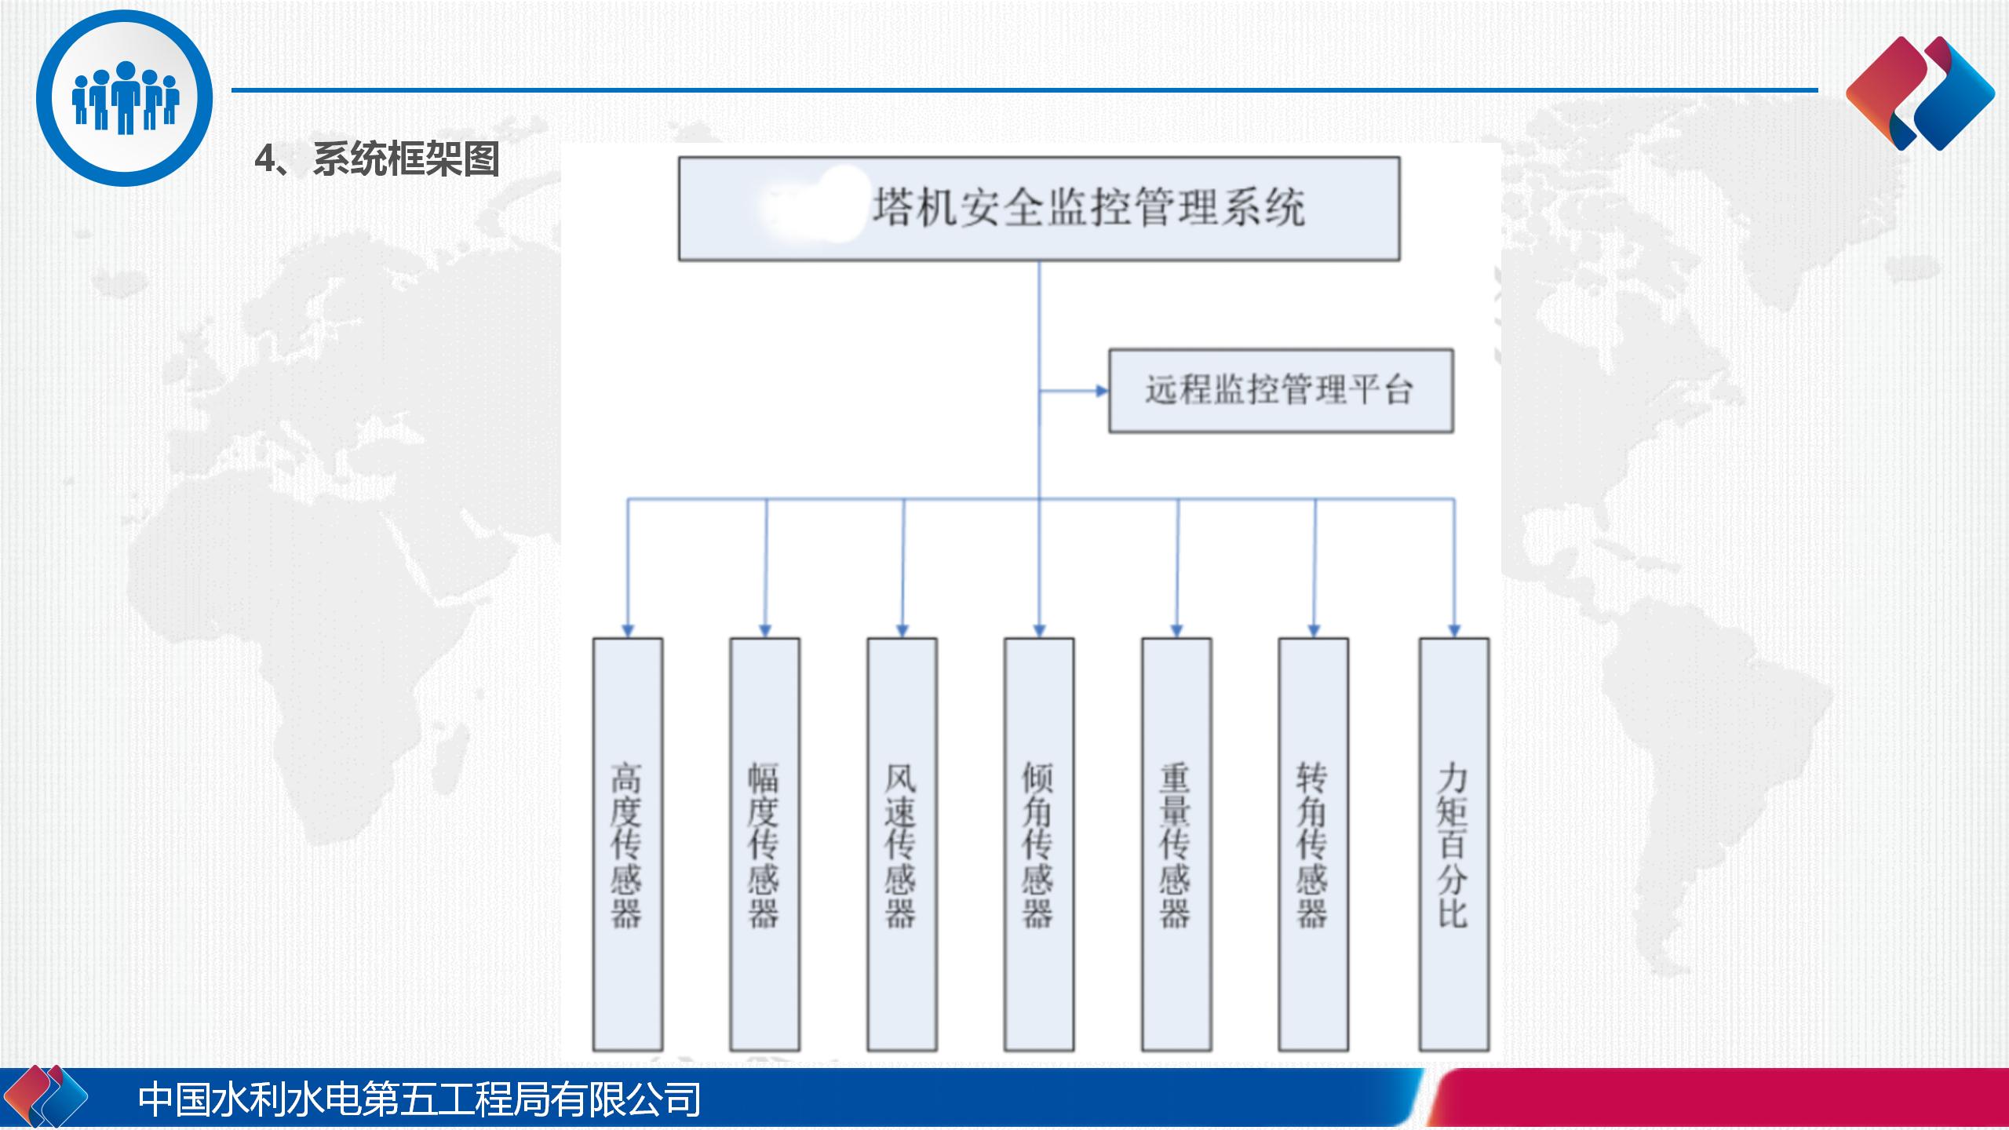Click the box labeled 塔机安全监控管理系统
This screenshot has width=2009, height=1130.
click(1039, 209)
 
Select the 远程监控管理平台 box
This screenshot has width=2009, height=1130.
click(1281, 391)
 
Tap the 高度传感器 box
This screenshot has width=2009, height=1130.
click(628, 844)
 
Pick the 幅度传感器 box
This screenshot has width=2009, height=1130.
click(765, 844)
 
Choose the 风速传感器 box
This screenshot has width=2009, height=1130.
click(902, 844)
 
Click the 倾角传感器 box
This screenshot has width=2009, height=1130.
click(1039, 844)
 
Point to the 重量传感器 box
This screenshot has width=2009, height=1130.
click(1176, 844)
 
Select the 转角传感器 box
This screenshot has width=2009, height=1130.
click(1314, 844)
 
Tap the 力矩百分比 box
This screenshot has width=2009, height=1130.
click(1454, 844)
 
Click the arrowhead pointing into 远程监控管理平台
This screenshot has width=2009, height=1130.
click(1102, 391)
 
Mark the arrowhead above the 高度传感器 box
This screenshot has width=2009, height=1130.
click(628, 630)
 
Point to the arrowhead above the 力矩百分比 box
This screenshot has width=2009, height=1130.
click(1454, 630)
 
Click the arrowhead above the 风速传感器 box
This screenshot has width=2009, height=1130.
click(902, 630)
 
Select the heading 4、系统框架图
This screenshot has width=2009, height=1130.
click(377, 159)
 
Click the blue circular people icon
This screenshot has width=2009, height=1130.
click(124, 98)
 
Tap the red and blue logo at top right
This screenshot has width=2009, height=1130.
click(1920, 93)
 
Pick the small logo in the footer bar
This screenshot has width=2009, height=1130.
click(48, 1096)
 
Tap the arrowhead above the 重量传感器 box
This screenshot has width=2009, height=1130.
click(1176, 630)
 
